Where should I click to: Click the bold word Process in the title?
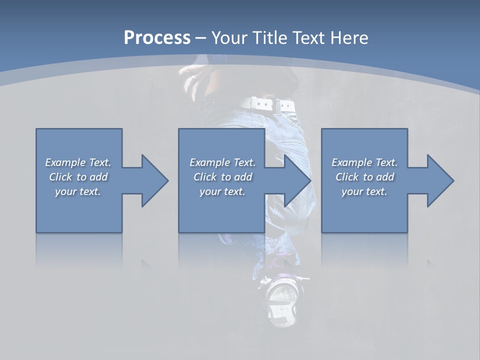click(x=157, y=38)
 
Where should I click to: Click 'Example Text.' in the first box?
click(x=78, y=162)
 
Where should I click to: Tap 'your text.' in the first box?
click(x=78, y=191)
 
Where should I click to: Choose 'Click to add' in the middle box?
click(x=222, y=177)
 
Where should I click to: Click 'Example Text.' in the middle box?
click(x=222, y=162)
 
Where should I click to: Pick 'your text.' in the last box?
click(x=364, y=191)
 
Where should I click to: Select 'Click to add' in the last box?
click(x=364, y=177)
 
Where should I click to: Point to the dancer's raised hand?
click(x=192, y=77)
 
